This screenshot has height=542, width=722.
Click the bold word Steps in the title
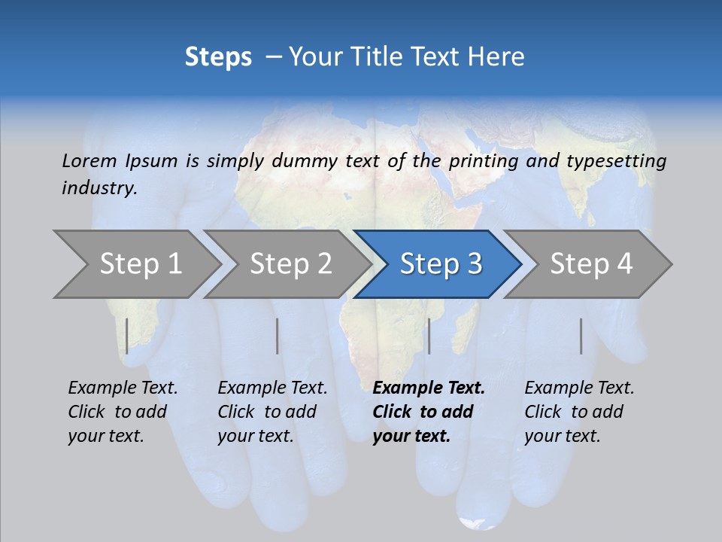pyautogui.click(x=218, y=57)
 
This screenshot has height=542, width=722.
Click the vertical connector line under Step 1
pyautogui.click(x=127, y=336)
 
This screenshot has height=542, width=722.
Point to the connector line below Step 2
pyautogui.click(x=278, y=336)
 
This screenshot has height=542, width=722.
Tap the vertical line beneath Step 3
pyautogui.click(x=429, y=336)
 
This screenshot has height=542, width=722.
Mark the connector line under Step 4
pyautogui.click(x=581, y=336)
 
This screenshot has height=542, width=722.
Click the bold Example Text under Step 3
pyautogui.click(x=429, y=388)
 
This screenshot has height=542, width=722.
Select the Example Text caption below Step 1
pyautogui.click(x=123, y=388)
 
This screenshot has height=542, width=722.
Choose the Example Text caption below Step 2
pyautogui.click(x=272, y=388)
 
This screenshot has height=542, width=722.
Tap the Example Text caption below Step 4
pyautogui.click(x=579, y=388)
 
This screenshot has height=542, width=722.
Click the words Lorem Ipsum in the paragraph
pyautogui.click(x=120, y=161)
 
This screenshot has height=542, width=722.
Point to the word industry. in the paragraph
pyautogui.click(x=99, y=188)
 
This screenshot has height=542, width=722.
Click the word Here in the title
pyautogui.click(x=498, y=57)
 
